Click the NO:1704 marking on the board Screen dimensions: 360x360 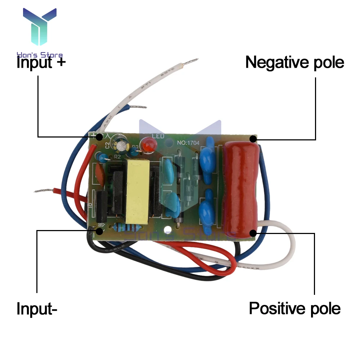(x=188, y=143)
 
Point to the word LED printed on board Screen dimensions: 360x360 (x=158, y=136)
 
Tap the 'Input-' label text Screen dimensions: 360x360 (x=37, y=309)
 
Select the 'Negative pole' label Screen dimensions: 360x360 (x=294, y=62)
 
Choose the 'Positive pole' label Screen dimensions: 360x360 (x=294, y=309)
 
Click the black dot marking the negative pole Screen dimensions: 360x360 (x=253, y=139)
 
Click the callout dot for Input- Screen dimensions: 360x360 (x=99, y=231)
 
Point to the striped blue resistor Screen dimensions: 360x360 (x=126, y=228)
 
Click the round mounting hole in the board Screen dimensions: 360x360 (x=167, y=229)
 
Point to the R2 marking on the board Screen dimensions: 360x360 (x=117, y=157)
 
